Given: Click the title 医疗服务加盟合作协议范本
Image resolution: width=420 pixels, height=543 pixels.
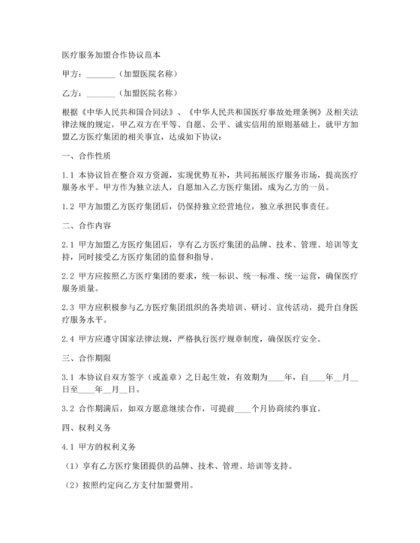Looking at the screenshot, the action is (x=110, y=55).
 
